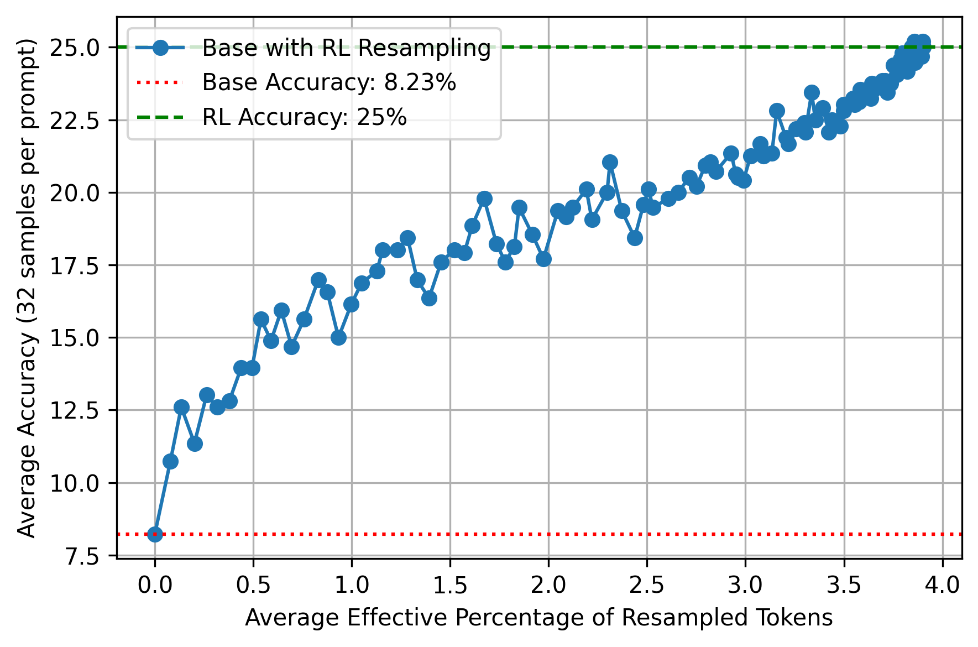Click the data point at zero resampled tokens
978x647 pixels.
[x=155, y=534]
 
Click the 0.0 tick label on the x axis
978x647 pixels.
[x=155, y=585]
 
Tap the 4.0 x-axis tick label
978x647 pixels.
[x=942, y=585]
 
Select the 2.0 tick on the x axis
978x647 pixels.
[x=548, y=585]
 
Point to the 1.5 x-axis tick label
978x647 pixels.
[x=450, y=585]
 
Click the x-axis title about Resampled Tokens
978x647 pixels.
[x=538, y=618]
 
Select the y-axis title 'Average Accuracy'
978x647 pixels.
[x=27, y=288]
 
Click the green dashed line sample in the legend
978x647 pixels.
[x=159, y=117]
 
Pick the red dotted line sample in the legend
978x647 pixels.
[x=159, y=82]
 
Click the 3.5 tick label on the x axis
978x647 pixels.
[x=844, y=585]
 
